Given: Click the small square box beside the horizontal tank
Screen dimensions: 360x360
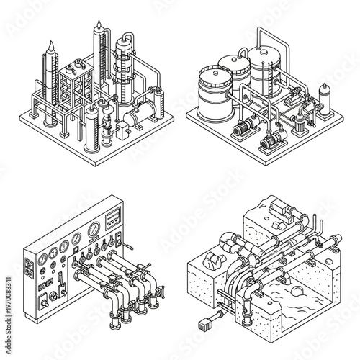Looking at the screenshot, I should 123,130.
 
